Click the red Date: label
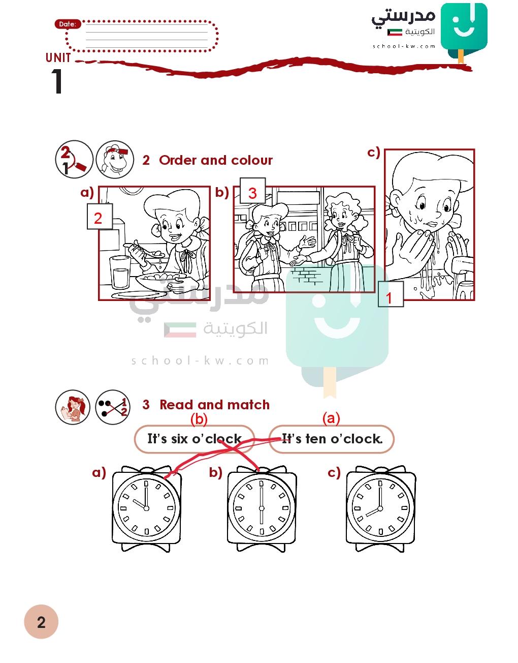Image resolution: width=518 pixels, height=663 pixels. tap(68, 24)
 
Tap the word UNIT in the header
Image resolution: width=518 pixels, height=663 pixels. tap(58, 57)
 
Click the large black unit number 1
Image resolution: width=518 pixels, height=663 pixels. tap(57, 81)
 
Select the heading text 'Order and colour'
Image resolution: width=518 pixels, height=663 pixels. tap(216, 160)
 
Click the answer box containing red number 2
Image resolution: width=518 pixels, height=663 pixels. tap(100, 216)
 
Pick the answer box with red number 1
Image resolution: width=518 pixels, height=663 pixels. tap(391, 294)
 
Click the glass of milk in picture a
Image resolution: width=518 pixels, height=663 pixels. tap(120, 273)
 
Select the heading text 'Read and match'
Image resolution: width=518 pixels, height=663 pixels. tap(214, 405)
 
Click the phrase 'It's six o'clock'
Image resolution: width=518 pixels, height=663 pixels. tap(195, 439)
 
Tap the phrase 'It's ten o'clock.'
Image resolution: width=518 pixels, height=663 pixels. tap(332, 439)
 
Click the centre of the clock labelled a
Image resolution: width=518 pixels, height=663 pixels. tap(146, 508)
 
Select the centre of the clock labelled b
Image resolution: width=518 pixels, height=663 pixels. tap(262, 508)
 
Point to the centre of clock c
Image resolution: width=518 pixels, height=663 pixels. tap(380, 508)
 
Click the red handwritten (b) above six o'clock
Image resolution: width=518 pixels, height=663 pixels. tap(199, 419)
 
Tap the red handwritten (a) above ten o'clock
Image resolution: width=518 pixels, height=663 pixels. tap(331, 418)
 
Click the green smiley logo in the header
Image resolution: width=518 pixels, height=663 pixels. tap(464, 31)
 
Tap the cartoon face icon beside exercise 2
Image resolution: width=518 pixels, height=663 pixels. tap(115, 159)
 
